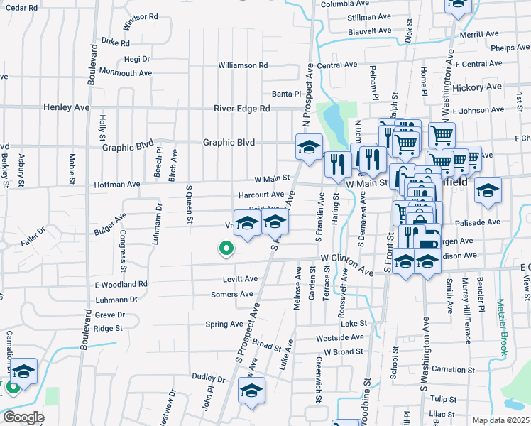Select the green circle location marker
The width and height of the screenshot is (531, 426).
coord(226,248)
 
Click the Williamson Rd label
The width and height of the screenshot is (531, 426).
coord(243,65)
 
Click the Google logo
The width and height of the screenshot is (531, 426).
coord(23,417)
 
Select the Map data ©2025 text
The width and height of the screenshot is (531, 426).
coord(500,420)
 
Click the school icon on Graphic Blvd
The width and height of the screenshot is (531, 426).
coord(308,148)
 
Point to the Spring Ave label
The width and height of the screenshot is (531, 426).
coord(224,324)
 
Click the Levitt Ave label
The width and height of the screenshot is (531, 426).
coord(239,279)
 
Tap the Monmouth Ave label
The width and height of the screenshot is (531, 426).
coord(126,72)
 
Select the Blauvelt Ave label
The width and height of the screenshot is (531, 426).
coord(369,31)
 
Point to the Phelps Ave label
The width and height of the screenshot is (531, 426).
coord(510,48)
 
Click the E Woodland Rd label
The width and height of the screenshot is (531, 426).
coord(121,284)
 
